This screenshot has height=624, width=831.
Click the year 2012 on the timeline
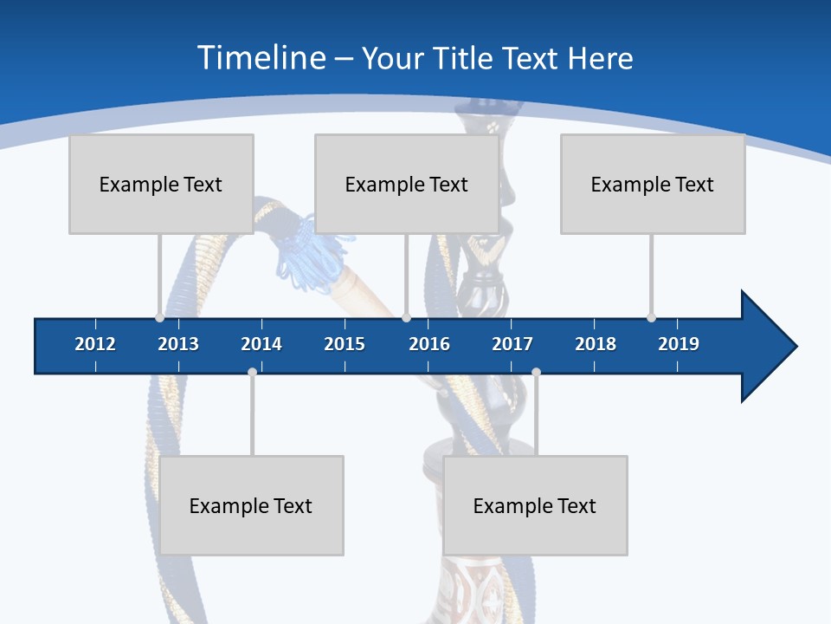95,344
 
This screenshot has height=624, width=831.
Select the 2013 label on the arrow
178,344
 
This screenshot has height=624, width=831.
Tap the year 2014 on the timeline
261,344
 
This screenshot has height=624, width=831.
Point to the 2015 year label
345,344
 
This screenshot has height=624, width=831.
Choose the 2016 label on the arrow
429,344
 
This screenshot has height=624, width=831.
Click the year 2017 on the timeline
512,344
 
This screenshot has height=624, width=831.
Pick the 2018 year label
596,344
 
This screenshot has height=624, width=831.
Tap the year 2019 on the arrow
679,344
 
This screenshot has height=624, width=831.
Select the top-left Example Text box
161,184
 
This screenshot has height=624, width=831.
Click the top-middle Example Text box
407,184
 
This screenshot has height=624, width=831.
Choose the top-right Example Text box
653,184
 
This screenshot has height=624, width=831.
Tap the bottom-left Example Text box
251,505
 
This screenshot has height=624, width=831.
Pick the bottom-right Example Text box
535,505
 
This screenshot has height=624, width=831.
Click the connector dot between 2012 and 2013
159,317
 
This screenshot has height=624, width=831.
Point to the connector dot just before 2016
406,317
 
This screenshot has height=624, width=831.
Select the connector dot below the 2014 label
252,373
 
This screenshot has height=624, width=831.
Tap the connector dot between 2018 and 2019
651,317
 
